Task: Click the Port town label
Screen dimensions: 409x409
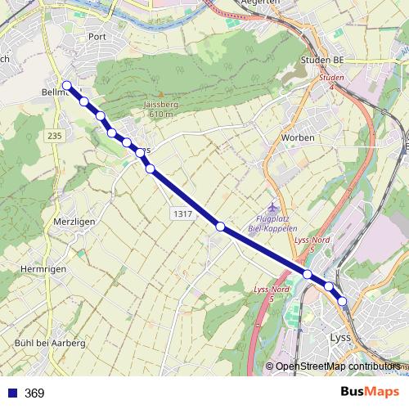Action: (x=97, y=36)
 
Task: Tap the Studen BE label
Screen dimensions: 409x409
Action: (x=322, y=61)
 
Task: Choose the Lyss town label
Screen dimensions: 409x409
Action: (x=339, y=336)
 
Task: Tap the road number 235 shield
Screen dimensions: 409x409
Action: (x=55, y=135)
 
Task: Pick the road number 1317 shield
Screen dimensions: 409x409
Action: (x=182, y=213)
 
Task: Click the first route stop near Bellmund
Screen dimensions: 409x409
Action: (x=67, y=85)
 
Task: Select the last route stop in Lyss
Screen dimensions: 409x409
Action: (x=343, y=301)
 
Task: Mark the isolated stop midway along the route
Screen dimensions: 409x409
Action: (x=220, y=226)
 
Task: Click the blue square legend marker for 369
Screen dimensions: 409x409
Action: (x=11, y=393)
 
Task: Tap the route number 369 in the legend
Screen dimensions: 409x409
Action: (x=34, y=393)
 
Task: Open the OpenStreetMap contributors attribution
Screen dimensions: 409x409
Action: (x=337, y=366)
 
